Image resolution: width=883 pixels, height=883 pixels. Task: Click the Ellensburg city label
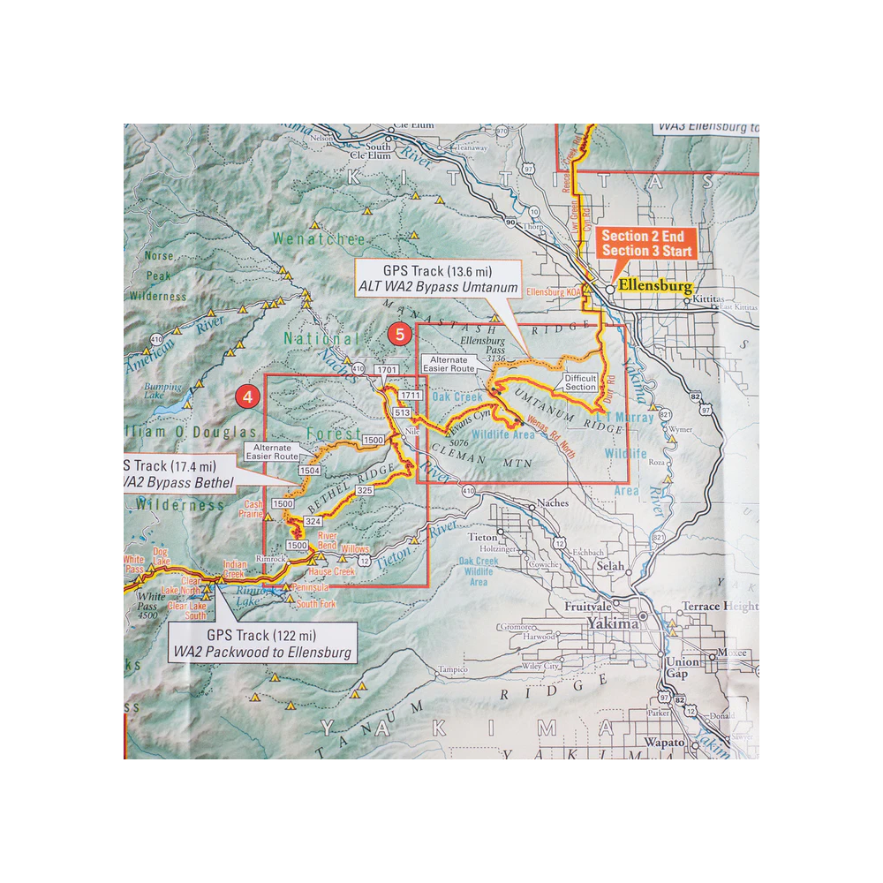(x=654, y=286)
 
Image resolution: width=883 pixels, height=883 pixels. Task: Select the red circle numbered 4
(x=247, y=397)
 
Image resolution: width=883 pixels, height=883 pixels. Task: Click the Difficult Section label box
(x=580, y=382)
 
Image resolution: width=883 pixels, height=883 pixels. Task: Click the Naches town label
(x=550, y=507)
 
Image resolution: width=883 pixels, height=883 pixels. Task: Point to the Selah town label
(x=610, y=566)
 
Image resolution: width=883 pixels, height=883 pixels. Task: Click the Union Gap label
(x=683, y=667)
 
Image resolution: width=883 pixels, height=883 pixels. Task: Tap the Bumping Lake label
(x=165, y=390)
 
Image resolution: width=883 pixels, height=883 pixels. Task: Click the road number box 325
(x=364, y=488)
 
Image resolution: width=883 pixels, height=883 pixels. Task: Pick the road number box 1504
(x=309, y=471)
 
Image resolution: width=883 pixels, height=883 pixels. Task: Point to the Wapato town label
(x=664, y=742)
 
